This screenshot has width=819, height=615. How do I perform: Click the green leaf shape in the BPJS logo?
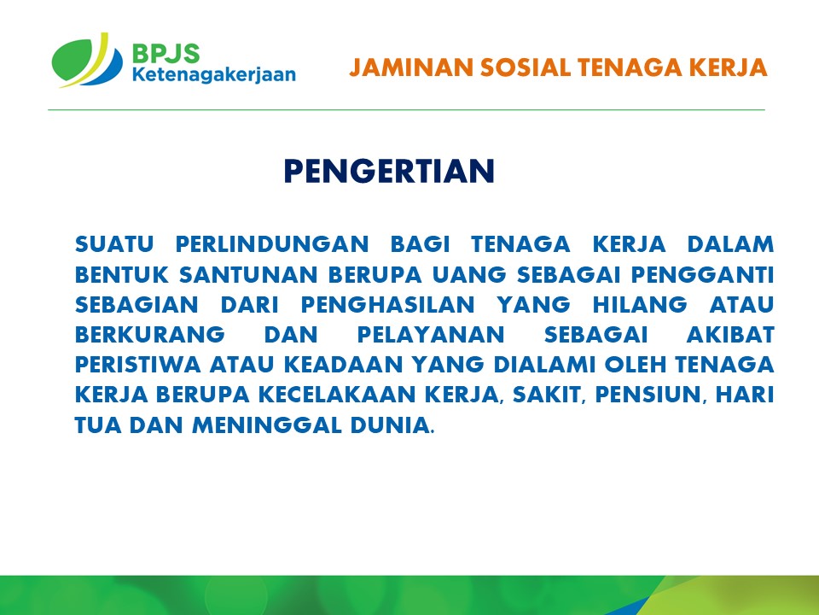[73, 59]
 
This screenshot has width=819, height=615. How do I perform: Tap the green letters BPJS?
[166, 53]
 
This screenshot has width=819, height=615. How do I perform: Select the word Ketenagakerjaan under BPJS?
[213, 75]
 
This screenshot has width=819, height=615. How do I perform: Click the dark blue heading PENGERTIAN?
[389, 171]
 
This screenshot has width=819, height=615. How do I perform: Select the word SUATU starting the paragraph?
[114, 244]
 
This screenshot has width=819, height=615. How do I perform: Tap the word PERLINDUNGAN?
[272, 244]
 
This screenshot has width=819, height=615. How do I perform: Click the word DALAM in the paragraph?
[730, 244]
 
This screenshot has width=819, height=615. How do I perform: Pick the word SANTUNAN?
[248, 274]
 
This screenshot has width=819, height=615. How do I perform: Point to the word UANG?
[469, 274]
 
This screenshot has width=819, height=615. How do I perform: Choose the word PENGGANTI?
[702, 274]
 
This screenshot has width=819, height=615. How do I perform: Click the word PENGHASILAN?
[387, 304]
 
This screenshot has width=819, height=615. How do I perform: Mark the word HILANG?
[639, 304]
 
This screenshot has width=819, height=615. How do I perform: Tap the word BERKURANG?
[150, 335]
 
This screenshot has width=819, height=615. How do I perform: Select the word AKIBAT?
[730, 335]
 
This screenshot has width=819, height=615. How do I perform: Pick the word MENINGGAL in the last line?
[266, 425]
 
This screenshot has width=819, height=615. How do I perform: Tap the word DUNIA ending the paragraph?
[390, 425]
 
